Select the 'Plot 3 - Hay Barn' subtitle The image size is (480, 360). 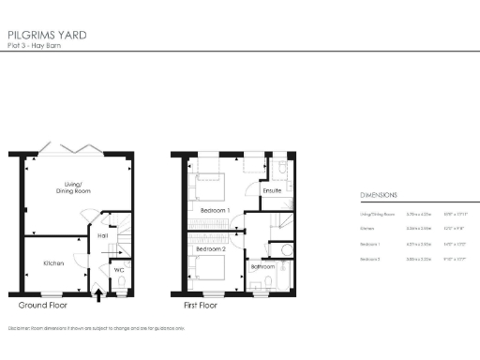tap(40, 46)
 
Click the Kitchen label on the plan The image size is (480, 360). tap(53, 263)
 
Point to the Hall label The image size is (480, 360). tap(103, 236)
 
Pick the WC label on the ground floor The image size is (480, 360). tap(119, 270)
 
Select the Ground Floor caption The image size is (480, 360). tap(42, 306)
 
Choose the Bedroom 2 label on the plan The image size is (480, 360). tap(211, 250)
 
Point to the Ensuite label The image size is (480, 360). tap(273, 191)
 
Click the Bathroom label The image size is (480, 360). tap(262, 266)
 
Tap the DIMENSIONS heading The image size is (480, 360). tap(379, 195)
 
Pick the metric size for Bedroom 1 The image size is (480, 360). tap(418, 244)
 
